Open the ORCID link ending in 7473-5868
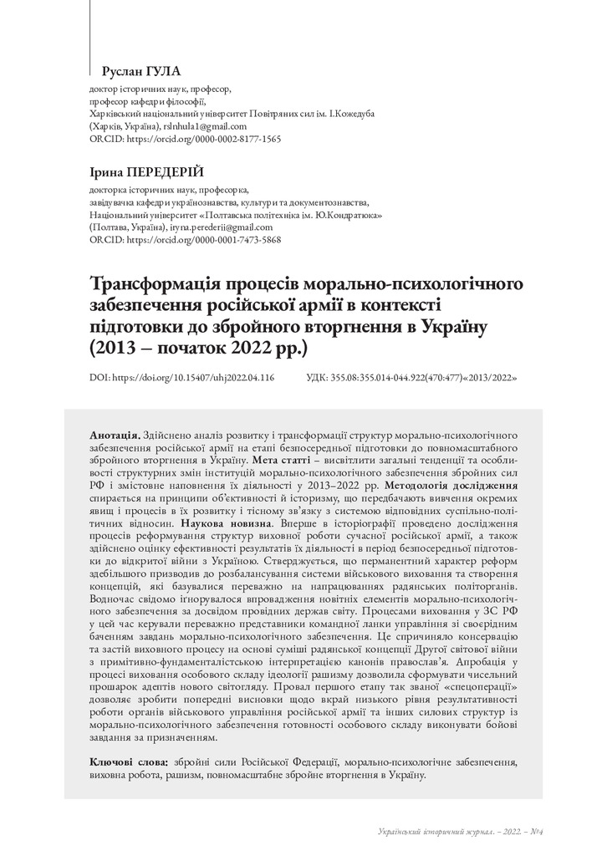pos(185,239)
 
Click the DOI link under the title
pos(181,378)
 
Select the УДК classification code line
pos(412,378)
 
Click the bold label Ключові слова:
pos(129,762)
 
